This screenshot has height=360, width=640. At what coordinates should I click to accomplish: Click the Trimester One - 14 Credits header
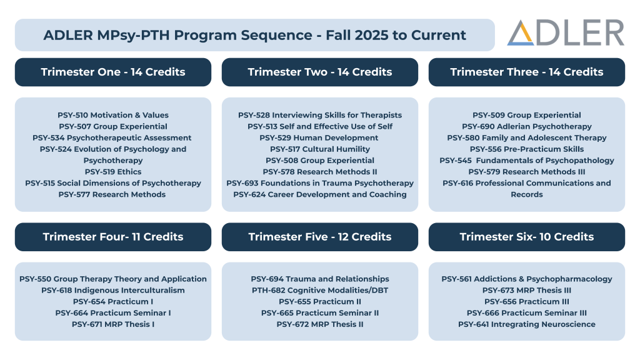[x=113, y=72]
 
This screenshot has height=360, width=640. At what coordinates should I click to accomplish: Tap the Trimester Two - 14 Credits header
[x=320, y=72]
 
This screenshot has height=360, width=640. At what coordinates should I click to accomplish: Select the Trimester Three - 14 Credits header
[x=526, y=72]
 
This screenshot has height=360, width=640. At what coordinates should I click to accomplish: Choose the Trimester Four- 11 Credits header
[x=113, y=237]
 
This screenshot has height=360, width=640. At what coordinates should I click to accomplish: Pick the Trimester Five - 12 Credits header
[x=320, y=237]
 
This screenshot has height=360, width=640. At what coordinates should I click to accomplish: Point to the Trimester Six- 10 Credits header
[x=526, y=237]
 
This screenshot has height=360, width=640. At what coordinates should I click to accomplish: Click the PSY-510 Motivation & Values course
[x=113, y=115]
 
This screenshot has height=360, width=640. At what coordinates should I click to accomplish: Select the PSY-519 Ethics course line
[x=113, y=172]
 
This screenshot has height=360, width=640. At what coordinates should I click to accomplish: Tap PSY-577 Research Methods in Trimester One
[x=112, y=194]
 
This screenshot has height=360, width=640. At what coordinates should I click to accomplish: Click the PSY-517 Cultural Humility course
[x=320, y=149]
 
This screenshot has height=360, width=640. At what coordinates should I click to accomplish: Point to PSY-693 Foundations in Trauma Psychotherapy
[x=320, y=183]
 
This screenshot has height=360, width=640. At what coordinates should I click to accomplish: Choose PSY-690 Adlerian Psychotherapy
[x=526, y=126]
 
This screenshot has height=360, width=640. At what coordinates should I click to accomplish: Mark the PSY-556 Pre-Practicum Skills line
[x=526, y=149]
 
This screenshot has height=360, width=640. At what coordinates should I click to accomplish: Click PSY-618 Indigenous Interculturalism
[x=113, y=290]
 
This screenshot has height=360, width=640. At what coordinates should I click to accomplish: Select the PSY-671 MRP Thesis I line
[x=113, y=324]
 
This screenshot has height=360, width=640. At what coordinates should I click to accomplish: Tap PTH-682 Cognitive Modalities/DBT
[x=320, y=290]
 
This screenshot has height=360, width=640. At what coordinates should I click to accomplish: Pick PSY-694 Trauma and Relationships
[x=320, y=279]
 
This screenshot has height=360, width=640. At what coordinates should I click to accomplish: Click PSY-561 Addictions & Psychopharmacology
[x=526, y=279]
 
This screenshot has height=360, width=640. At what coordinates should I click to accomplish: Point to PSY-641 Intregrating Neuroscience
[x=526, y=324]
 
